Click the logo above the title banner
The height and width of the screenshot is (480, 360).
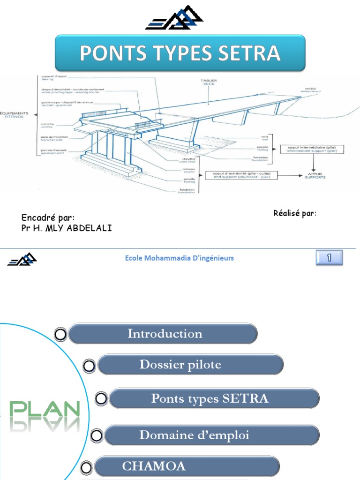[x=174, y=19]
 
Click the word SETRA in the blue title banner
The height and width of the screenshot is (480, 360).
[x=254, y=53]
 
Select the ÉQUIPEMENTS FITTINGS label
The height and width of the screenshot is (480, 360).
[x=15, y=115]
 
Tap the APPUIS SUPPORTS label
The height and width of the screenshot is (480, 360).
[x=315, y=175]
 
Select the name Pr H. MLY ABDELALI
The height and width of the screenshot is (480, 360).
[x=67, y=228]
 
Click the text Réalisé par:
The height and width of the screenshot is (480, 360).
[x=295, y=214]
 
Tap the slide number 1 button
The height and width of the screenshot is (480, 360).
[x=329, y=257]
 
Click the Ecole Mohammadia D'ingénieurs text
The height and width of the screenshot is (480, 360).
[x=180, y=258]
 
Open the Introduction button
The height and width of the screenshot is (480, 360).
[x=165, y=334]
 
